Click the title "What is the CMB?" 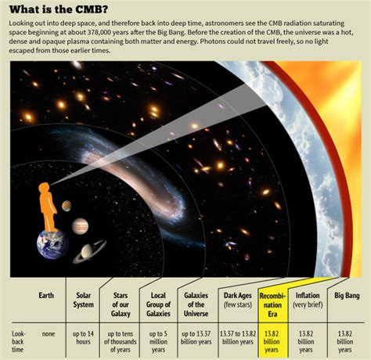tap(59, 10)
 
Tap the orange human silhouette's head tap(44, 188)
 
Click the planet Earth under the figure tap(52, 245)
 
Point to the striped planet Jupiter tap(80, 226)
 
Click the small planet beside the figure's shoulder tap(67, 206)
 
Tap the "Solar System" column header tap(83, 300)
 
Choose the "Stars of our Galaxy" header tap(121, 304)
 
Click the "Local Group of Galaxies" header tap(158, 304)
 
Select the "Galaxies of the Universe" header tap(196, 304)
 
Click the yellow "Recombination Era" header tap(272, 304)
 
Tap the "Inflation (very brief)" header tap(308, 300)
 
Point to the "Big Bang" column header tap(347, 296)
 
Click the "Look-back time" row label tap(18, 342)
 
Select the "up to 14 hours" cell tap(83, 337)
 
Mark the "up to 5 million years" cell tap(158, 342)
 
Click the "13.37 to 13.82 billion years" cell tap(238, 337)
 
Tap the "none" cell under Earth tap(49, 333)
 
